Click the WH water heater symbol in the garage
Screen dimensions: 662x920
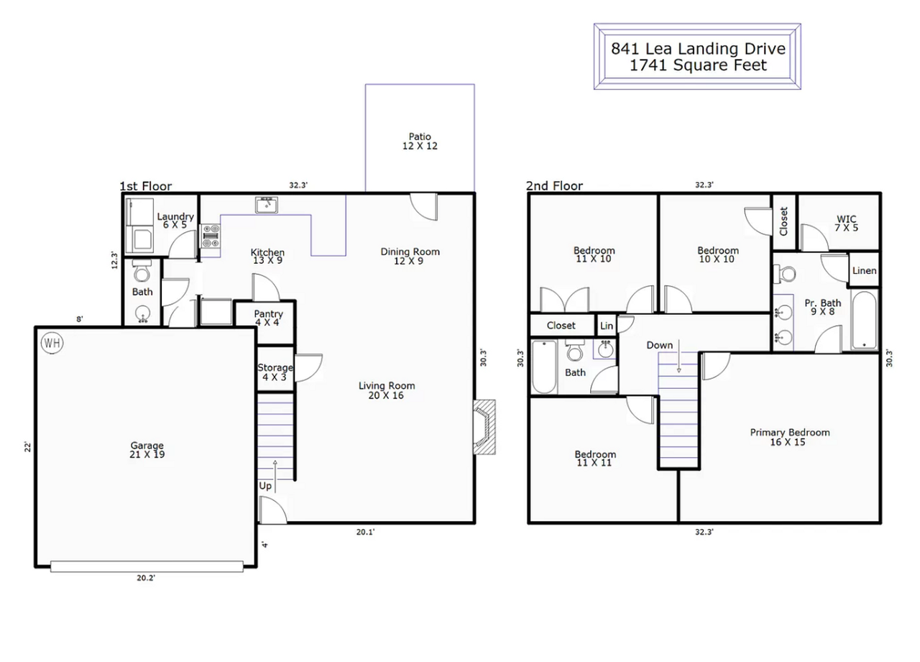click(x=52, y=343)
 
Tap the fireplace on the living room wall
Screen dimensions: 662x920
click(x=483, y=427)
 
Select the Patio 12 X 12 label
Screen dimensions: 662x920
click(x=420, y=141)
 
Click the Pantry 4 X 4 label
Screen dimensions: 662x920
click(x=269, y=318)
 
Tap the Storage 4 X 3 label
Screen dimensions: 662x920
click(x=275, y=372)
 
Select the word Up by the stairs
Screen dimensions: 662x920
click(x=265, y=486)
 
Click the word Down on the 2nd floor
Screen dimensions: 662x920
click(x=659, y=345)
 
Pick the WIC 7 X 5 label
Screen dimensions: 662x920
click(x=847, y=223)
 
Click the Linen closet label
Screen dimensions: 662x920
click(x=864, y=271)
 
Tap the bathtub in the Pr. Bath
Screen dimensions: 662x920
click(x=865, y=320)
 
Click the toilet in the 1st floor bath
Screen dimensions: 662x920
click(x=142, y=272)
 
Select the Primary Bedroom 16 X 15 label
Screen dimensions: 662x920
click(x=789, y=437)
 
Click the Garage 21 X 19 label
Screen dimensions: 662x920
click(x=147, y=450)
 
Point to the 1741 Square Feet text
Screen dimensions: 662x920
click(x=697, y=65)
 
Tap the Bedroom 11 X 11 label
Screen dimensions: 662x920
click(x=595, y=459)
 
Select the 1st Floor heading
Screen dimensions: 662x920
click(x=146, y=186)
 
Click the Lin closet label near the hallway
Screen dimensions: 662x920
click(x=607, y=326)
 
